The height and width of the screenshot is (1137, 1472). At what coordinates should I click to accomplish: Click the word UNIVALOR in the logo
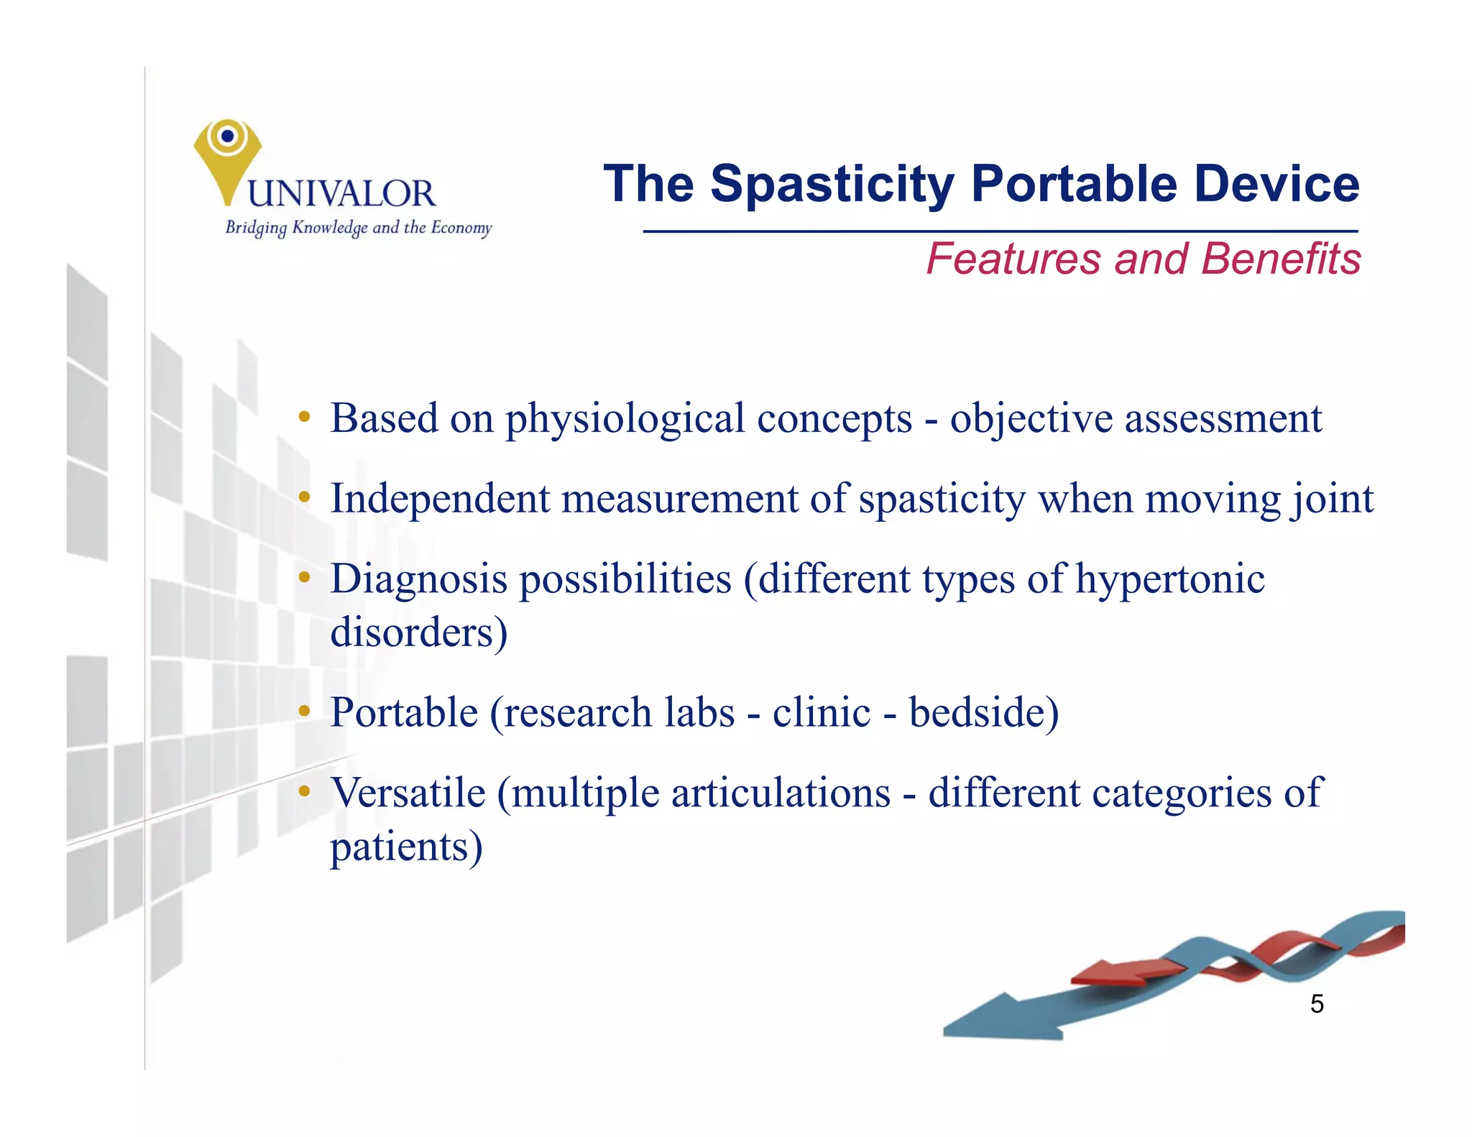coord(341,194)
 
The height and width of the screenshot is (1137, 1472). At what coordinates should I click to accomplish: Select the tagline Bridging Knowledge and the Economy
coord(358,228)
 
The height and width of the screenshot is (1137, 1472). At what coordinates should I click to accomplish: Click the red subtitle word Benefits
coord(1280,259)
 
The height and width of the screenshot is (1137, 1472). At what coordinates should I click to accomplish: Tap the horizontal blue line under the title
coord(999,231)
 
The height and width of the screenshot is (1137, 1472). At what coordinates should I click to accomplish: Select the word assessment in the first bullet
coord(1222,418)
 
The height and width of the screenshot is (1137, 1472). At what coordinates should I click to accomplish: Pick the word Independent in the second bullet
coord(439,498)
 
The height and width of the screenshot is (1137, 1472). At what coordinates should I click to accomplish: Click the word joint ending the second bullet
coord(1331,500)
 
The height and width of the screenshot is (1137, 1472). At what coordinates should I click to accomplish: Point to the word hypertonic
coord(1169,579)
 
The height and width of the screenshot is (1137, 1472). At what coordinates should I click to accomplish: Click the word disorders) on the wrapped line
coord(418,632)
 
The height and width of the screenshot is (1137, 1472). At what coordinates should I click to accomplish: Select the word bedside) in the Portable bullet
coord(983,713)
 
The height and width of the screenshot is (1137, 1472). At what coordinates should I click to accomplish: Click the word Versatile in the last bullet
coord(408,793)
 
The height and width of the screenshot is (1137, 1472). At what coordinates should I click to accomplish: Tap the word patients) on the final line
coord(406,847)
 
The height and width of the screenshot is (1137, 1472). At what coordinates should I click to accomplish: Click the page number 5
coord(1316,1004)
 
